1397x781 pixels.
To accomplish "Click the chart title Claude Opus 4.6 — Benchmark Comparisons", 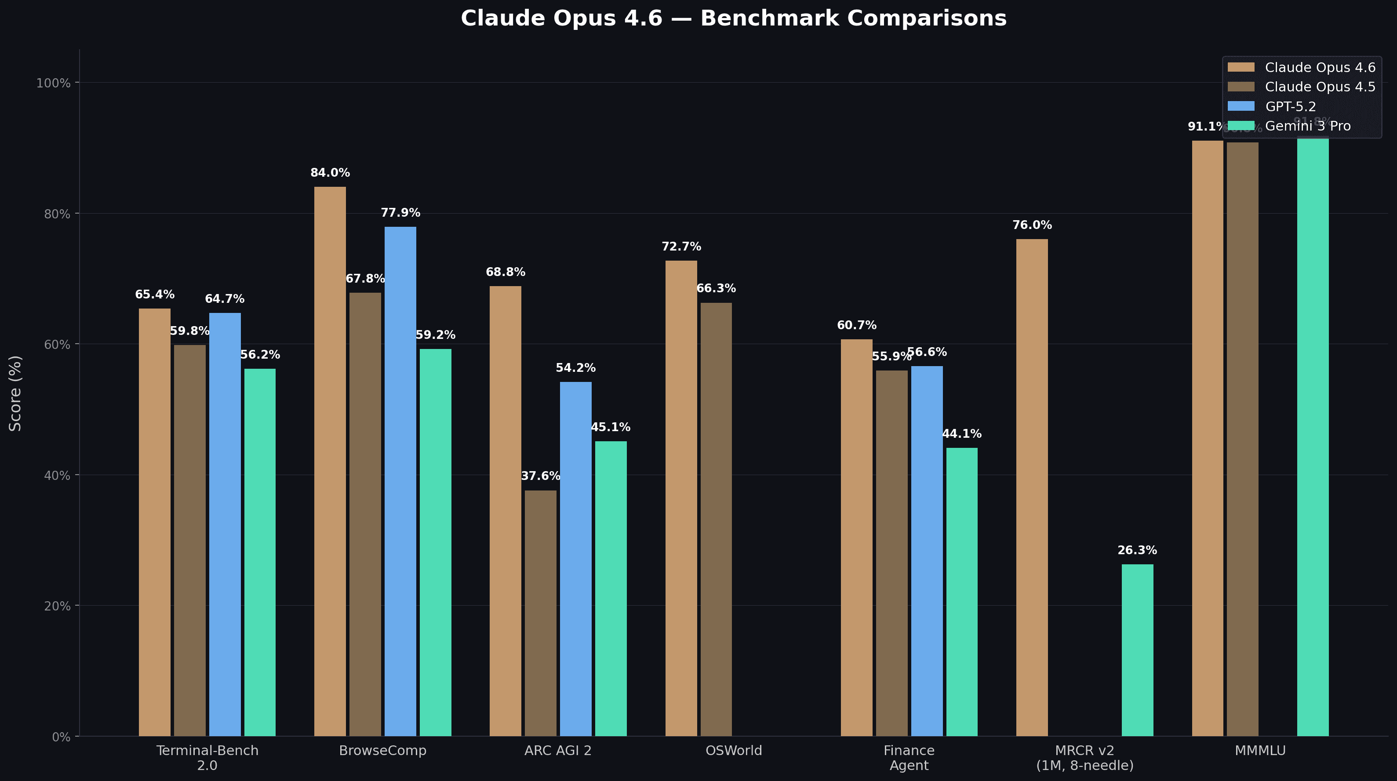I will pos(733,18).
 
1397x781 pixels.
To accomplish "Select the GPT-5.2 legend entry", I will pos(1290,106).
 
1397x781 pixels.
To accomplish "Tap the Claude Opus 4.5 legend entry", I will pos(1320,87).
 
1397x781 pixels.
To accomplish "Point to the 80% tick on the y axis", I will pos(57,214).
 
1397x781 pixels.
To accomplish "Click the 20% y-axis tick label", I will pos(57,606).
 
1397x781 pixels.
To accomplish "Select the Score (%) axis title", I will pos(15,393).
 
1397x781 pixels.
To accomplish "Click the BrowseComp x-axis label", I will pos(382,751).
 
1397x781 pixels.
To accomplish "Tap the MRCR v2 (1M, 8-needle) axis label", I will pos(1084,758).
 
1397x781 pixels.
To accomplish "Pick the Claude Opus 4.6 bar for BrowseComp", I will pos(330,461).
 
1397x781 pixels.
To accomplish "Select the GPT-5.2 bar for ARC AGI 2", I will pos(575,559).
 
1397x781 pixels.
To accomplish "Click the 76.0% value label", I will pos(1031,225).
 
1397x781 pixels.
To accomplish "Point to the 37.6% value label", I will pos(540,476).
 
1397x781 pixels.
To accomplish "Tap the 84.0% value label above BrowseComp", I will pos(330,173).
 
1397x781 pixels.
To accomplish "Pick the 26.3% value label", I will pos(1137,551).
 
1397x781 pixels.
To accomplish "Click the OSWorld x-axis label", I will pos(733,751).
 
